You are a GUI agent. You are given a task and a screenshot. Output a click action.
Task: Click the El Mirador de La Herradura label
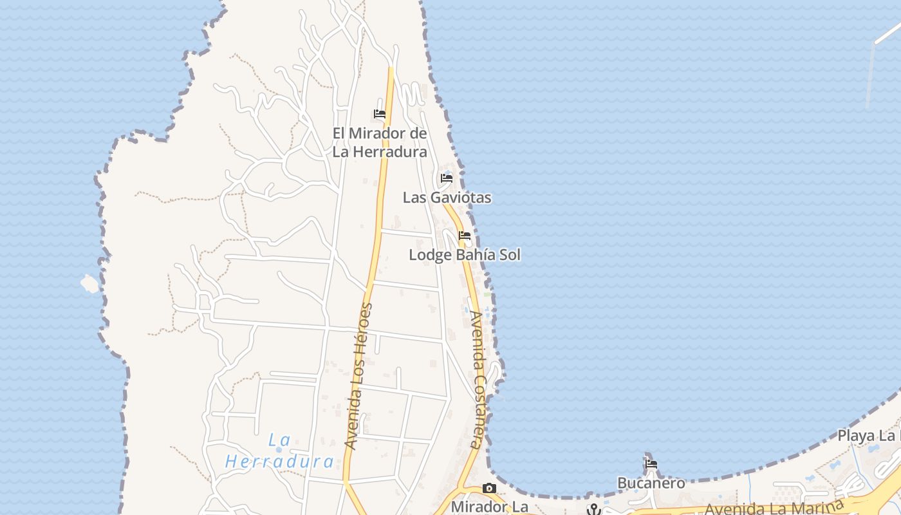click(x=380, y=142)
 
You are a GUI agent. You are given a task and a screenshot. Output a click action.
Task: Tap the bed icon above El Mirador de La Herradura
click(x=380, y=114)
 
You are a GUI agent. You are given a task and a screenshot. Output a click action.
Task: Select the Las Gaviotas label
click(x=447, y=198)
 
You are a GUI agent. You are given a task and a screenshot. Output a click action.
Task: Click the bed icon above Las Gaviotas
click(x=447, y=178)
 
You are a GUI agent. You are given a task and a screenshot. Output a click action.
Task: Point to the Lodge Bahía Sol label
click(x=465, y=255)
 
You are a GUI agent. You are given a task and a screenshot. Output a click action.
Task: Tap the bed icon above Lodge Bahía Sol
click(x=465, y=236)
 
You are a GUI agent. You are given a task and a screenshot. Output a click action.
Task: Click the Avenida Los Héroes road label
click(x=359, y=376)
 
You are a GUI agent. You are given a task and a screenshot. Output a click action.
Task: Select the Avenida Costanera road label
click(x=476, y=380)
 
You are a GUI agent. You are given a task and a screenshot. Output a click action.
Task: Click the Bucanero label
click(x=651, y=483)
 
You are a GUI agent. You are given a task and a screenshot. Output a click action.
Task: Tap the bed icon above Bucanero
click(x=651, y=464)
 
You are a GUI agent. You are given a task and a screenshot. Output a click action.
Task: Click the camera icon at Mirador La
click(x=490, y=488)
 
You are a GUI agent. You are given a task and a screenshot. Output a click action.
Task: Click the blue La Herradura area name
click(x=280, y=451)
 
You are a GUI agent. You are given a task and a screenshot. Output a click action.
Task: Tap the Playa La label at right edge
click(x=868, y=436)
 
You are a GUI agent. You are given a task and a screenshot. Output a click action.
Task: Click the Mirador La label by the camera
click(x=489, y=507)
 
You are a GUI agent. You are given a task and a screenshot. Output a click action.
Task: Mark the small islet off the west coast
click(x=89, y=283)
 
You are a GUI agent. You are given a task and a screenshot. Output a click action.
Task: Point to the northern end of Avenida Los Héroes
click(x=391, y=69)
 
